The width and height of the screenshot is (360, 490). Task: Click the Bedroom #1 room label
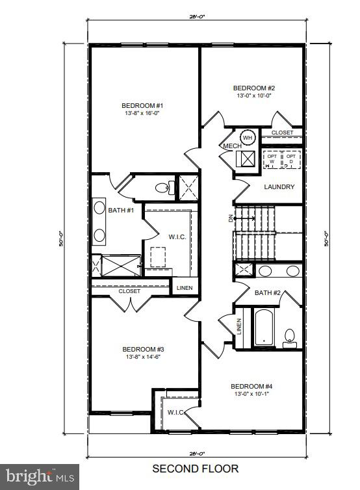point(142,105)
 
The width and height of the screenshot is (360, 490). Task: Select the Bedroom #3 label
point(142,349)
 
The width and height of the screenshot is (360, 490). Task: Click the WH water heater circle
point(248,137)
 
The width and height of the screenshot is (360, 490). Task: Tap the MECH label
point(233,146)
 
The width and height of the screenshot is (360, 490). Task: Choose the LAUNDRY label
point(279,187)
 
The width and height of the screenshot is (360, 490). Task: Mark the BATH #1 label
point(121,210)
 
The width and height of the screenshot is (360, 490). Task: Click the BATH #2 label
point(267,293)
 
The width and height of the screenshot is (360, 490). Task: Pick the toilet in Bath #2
point(290,335)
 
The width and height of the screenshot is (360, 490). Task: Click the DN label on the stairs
point(231,218)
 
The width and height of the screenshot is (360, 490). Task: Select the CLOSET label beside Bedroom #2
point(282,133)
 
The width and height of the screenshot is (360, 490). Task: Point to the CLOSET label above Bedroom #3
point(129,291)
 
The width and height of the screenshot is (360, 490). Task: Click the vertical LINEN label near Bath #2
point(239,326)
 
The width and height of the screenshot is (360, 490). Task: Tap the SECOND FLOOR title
point(195,468)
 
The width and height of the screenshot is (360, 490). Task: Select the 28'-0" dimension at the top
point(196,16)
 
